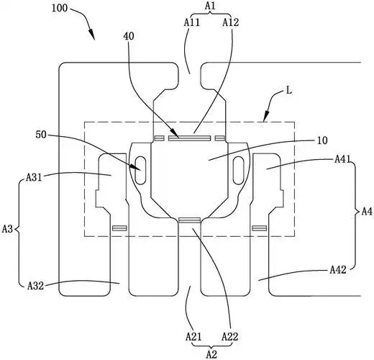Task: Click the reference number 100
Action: pos(60,9)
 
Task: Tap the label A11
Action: pos(192,22)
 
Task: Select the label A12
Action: pos(231,22)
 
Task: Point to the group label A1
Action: pos(210,6)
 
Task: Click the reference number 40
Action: pos(129,36)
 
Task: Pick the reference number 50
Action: pos(41,135)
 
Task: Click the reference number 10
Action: pos(322,140)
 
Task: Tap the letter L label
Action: pos(289,91)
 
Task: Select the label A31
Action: pos(34,178)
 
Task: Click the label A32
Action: pos(35,286)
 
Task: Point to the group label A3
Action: pos(7,229)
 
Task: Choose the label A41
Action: pos(343,159)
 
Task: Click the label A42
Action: pos(338,270)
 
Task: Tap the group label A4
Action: pos(367,212)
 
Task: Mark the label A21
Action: pos(193,337)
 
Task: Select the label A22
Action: pos(229,337)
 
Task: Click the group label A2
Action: pos(212,354)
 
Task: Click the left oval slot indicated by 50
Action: pos(140,171)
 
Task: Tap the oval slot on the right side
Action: pos(239,171)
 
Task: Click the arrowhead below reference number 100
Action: pos(91,35)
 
